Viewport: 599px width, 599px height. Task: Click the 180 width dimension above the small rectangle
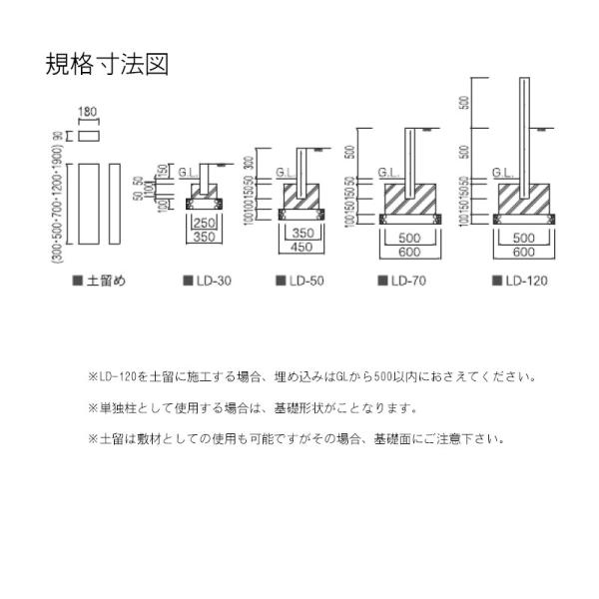coord(89,114)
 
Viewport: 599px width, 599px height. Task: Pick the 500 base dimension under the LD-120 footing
coord(525,240)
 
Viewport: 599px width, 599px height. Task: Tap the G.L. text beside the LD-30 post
coord(187,172)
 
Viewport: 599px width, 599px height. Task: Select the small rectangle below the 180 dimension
coord(89,135)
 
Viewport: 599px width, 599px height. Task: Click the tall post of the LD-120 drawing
coord(525,130)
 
